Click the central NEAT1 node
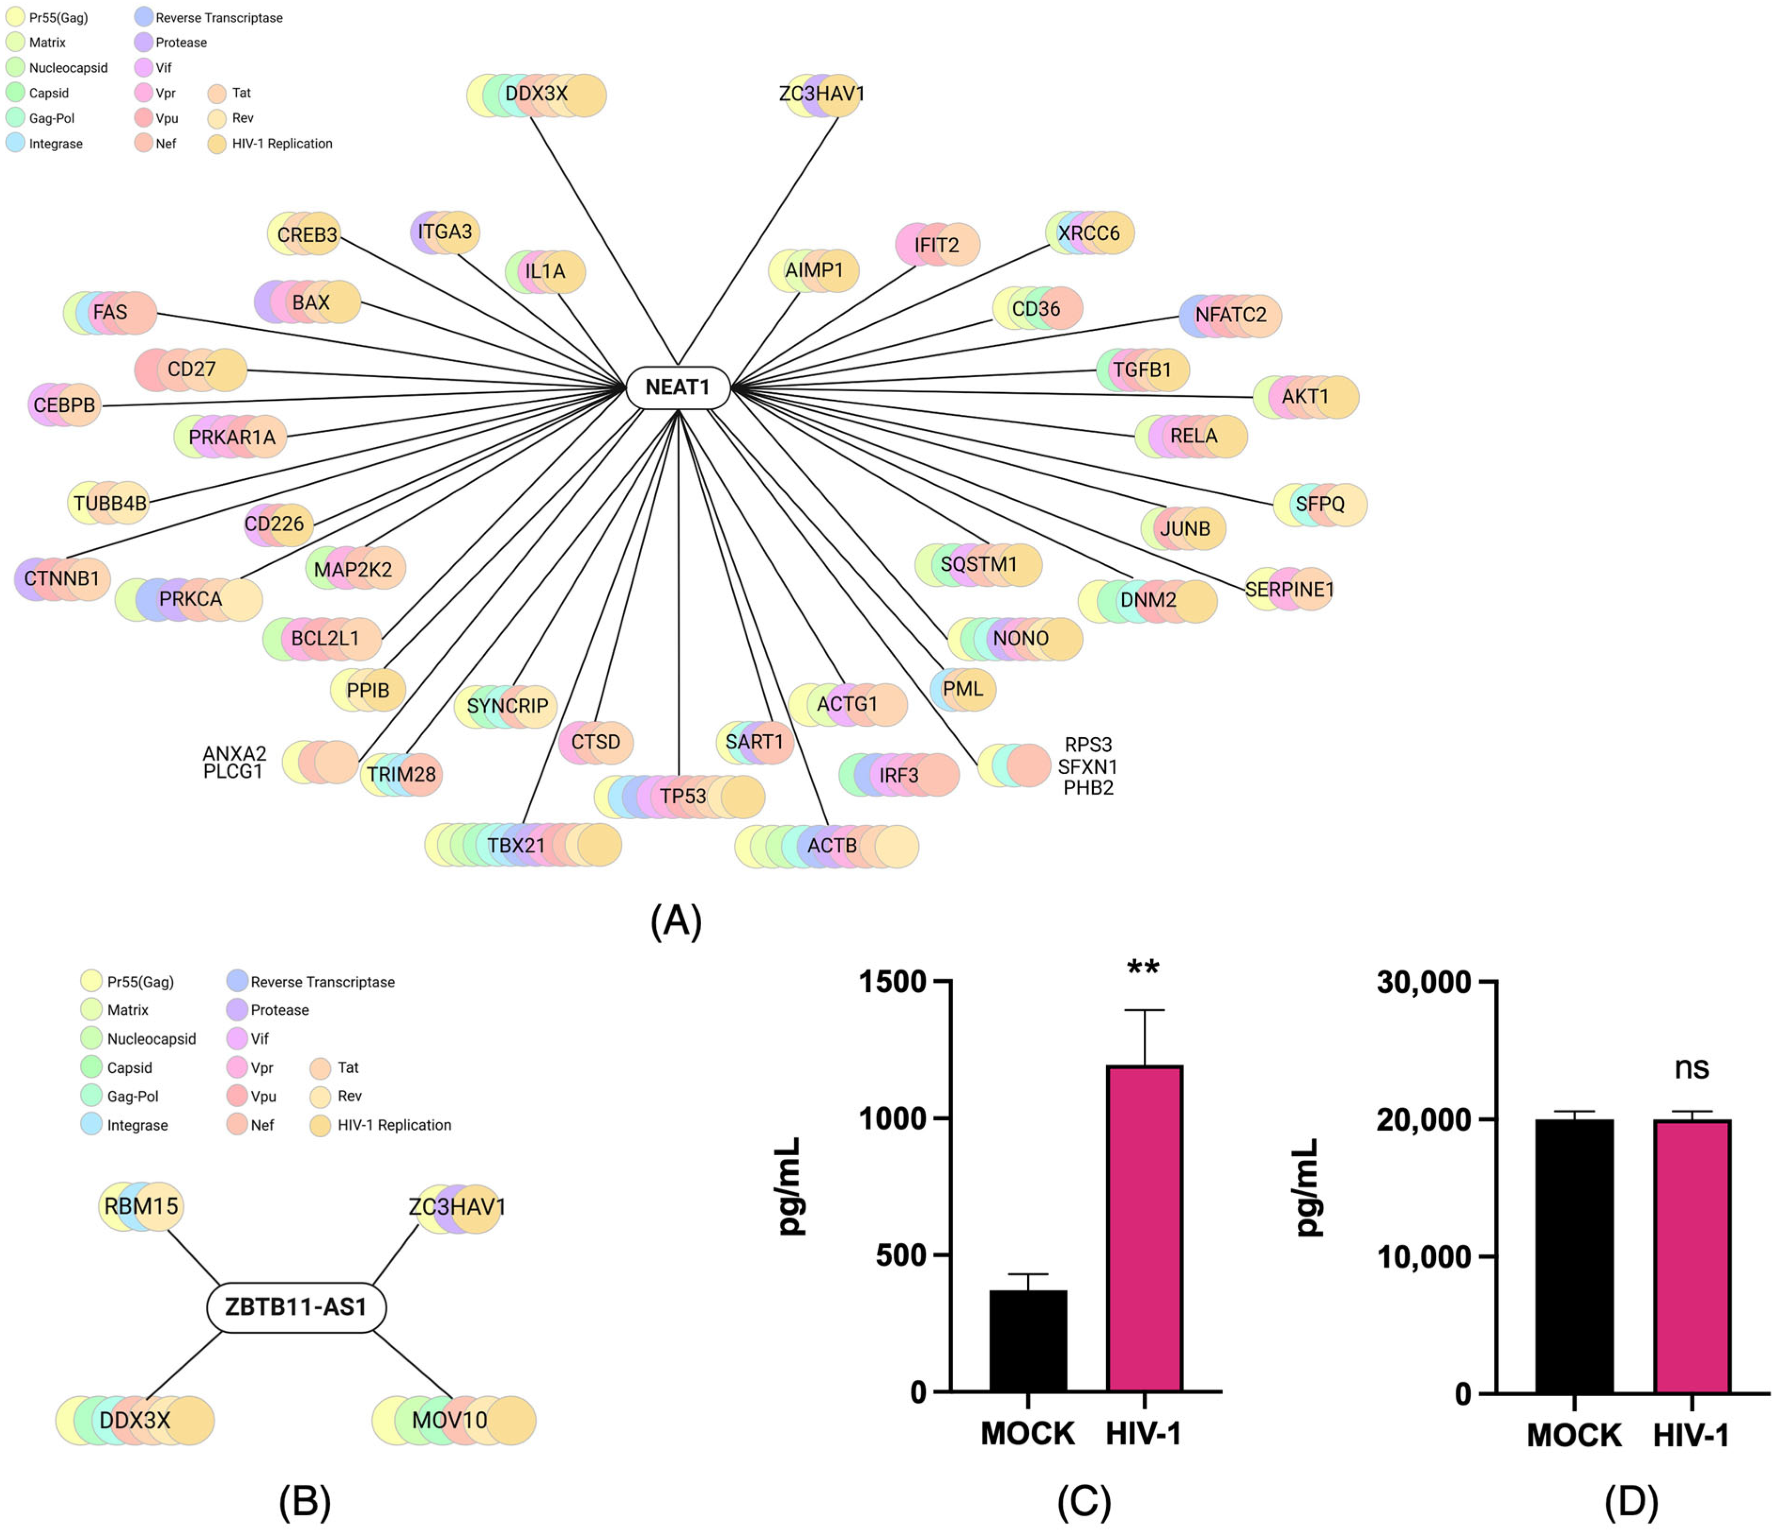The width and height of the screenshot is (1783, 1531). [x=677, y=387]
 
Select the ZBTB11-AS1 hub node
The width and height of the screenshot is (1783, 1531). [x=296, y=1307]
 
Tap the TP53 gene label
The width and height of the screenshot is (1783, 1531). [x=682, y=796]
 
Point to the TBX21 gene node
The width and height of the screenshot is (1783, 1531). [x=516, y=845]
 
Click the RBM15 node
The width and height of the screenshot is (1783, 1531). [x=141, y=1206]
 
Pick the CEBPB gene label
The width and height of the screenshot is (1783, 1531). [x=64, y=404]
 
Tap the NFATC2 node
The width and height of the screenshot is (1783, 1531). [x=1231, y=315]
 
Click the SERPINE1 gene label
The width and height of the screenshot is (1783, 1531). [x=1289, y=590]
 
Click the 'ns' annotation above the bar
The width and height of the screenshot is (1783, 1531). [x=1691, y=1068]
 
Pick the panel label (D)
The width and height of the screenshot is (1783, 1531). [x=1631, y=1502]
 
